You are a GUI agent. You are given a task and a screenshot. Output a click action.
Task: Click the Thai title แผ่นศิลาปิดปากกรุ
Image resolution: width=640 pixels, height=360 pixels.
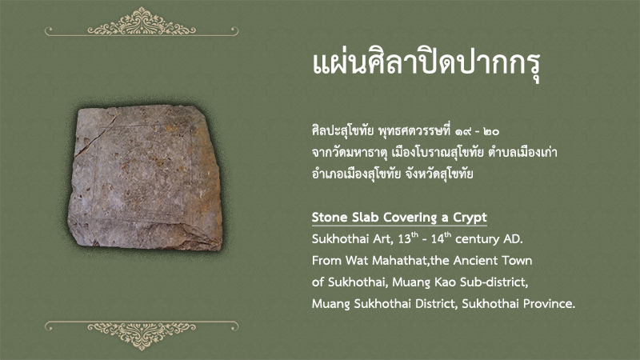click(x=426, y=66)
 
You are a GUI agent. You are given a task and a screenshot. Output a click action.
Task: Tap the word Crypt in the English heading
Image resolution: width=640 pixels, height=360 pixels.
click(x=470, y=218)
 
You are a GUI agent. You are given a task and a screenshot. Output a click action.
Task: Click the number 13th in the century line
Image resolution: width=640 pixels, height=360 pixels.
click(x=408, y=238)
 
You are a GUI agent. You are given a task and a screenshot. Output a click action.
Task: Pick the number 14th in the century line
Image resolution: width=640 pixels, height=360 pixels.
click(x=441, y=238)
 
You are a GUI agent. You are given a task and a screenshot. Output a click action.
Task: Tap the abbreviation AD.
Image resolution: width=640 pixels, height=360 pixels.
click(x=514, y=239)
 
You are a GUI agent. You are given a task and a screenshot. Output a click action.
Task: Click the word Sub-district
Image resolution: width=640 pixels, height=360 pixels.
click(x=494, y=282)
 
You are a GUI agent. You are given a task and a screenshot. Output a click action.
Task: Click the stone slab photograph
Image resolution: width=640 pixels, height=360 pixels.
click(x=146, y=178)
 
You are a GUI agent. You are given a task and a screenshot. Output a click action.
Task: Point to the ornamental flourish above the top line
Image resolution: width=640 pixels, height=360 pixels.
click(x=142, y=22)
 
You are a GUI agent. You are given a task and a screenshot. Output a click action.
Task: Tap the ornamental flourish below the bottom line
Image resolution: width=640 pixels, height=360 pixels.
click(x=142, y=336)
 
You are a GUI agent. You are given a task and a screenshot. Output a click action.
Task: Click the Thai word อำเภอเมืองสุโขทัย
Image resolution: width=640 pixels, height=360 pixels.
click(x=356, y=174)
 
